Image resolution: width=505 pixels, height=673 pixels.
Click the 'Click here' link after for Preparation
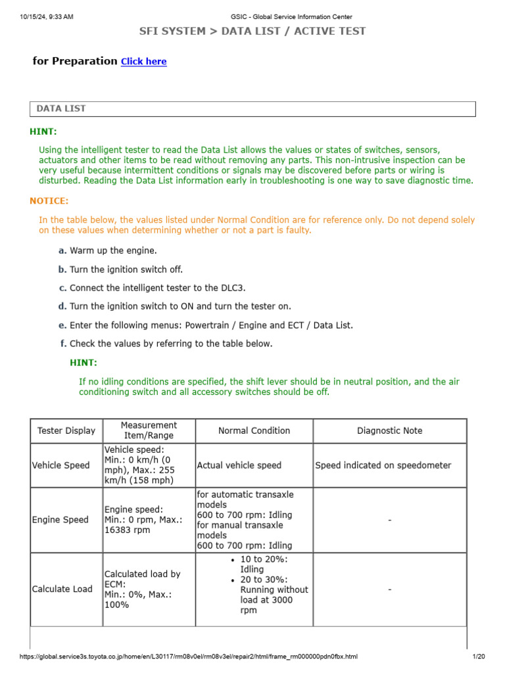[143, 62]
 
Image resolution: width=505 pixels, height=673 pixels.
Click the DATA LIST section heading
[60, 108]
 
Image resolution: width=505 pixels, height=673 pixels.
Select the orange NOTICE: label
[49, 201]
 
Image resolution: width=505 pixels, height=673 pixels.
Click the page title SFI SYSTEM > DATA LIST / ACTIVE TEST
[252, 31]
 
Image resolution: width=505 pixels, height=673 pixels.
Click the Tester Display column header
[66, 430]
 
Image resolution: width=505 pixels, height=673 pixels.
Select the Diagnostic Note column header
[389, 430]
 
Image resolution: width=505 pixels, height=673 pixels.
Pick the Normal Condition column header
[254, 430]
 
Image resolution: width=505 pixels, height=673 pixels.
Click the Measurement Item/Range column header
[149, 430]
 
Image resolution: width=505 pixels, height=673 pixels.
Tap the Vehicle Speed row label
[60, 465]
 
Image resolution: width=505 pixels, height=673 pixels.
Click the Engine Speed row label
[60, 520]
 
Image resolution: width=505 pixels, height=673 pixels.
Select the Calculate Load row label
[62, 589]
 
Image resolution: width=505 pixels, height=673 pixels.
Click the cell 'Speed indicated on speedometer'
[383, 465]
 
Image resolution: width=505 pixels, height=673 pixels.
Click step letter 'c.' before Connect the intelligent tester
[62, 288]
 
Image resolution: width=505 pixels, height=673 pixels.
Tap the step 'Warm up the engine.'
[113, 250]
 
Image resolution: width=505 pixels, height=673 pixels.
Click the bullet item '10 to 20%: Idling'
[263, 564]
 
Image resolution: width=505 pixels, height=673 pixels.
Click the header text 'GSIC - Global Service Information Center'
[291, 16]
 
